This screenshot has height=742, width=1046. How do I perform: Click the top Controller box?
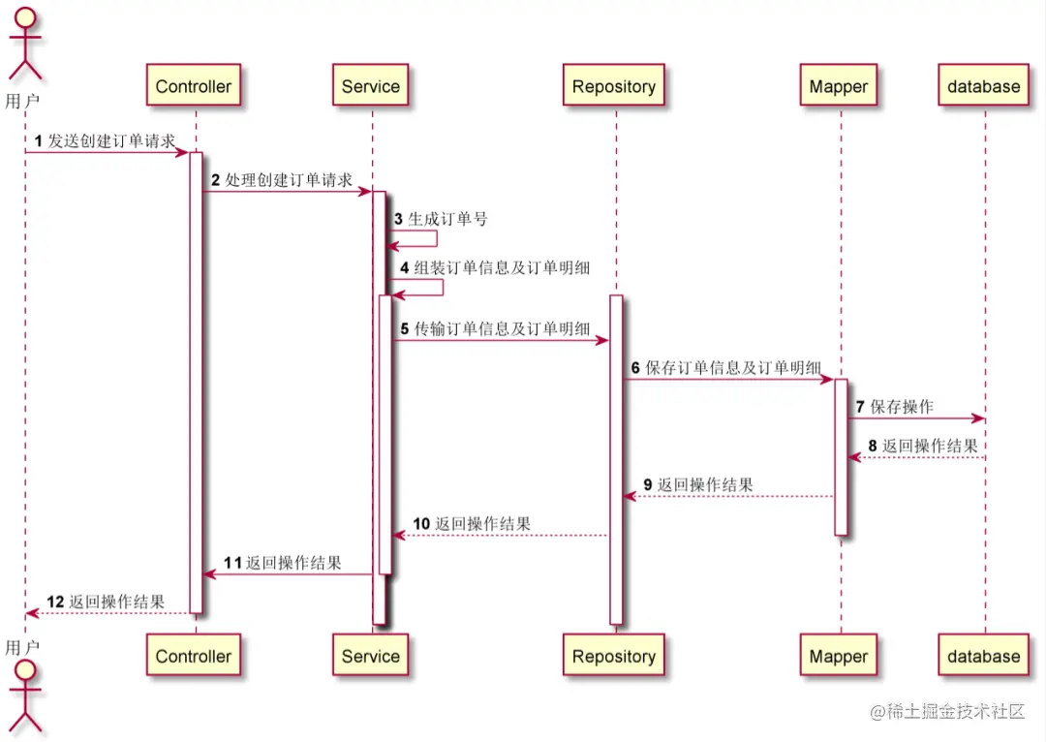(194, 86)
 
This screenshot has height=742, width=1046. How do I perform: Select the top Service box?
(370, 86)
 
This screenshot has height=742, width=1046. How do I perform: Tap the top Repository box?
(613, 86)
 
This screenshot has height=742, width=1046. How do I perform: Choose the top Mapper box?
(838, 86)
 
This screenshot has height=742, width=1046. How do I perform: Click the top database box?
(983, 86)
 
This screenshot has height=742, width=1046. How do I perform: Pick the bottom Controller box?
(194, 656)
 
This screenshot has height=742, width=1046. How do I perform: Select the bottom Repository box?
(613, 656)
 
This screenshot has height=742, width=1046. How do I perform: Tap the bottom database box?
(983, 656)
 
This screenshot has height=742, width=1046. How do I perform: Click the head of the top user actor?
(25, 20)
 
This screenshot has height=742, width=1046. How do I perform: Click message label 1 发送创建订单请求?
(106, 141)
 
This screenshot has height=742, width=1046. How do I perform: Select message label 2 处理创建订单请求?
(282, 180)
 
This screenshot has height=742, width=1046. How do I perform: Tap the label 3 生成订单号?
(441, 219)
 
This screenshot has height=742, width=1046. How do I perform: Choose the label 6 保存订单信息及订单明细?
(726, 368)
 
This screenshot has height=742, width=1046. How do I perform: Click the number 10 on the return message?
(421, 524)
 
